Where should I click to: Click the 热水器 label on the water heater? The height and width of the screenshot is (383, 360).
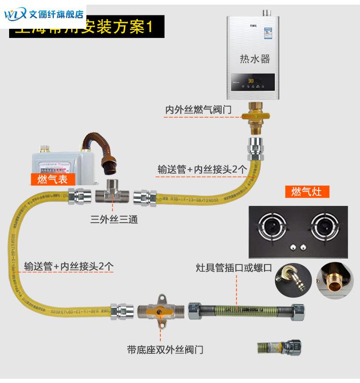pos(255,59)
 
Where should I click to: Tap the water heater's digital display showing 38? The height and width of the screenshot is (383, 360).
pos(251,81)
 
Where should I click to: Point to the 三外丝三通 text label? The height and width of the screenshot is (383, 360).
pos(114,220)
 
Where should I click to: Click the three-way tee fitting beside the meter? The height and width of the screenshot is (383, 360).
pos(113,195)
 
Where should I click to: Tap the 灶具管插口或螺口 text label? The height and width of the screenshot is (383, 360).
pos(233,267)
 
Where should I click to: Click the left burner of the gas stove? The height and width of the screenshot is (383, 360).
pos(272,226)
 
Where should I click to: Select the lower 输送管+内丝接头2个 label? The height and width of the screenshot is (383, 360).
pos(69,266)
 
